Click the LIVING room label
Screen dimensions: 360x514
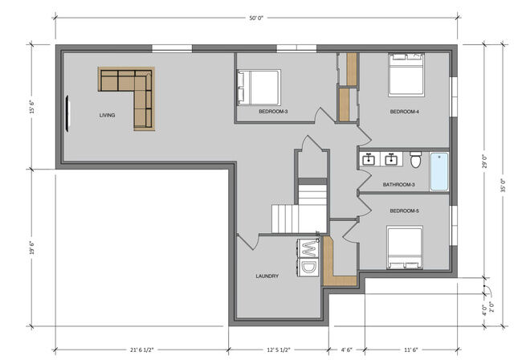tap(107, 116)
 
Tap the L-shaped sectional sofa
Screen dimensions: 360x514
tap(128, 90)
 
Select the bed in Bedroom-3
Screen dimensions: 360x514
tap(259, 86)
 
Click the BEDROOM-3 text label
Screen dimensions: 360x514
tap(274, 112)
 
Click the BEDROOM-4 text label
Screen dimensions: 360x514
tap(405, 112)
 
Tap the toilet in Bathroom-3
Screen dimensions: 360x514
tap(415, 161)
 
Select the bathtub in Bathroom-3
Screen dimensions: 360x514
tap(439, 171)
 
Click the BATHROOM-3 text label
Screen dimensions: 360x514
tap(398, 185)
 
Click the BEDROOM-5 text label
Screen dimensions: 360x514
tap(404, 211)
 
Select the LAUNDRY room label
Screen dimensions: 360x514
tap(267, 276)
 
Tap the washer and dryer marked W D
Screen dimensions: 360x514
tap(308, 256)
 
